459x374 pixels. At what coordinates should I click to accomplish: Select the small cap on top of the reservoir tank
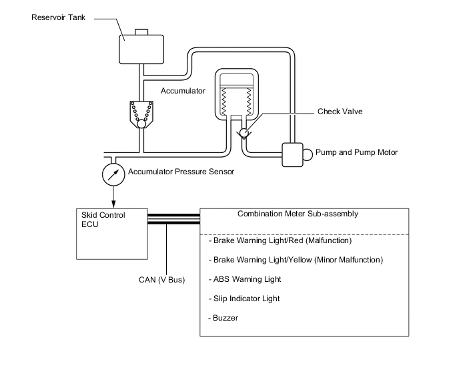(x=141, y=31)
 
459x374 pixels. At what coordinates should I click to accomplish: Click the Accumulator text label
(x=183, y=90)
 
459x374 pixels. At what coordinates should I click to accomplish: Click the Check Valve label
(x=340, y=112)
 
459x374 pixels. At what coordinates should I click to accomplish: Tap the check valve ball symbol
(x=244, y=133)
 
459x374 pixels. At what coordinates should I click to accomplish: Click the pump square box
(x=292, y=155)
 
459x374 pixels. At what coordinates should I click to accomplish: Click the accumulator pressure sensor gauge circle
(x=113, y=174)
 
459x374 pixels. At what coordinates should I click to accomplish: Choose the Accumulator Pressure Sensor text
(x=181, y=172)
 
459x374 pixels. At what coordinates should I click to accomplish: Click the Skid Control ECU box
(x=111, y=234)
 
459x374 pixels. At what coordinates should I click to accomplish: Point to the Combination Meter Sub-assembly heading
(x=298, y=214)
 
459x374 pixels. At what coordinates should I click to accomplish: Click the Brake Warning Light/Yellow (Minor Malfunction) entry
(x=296, y=260)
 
